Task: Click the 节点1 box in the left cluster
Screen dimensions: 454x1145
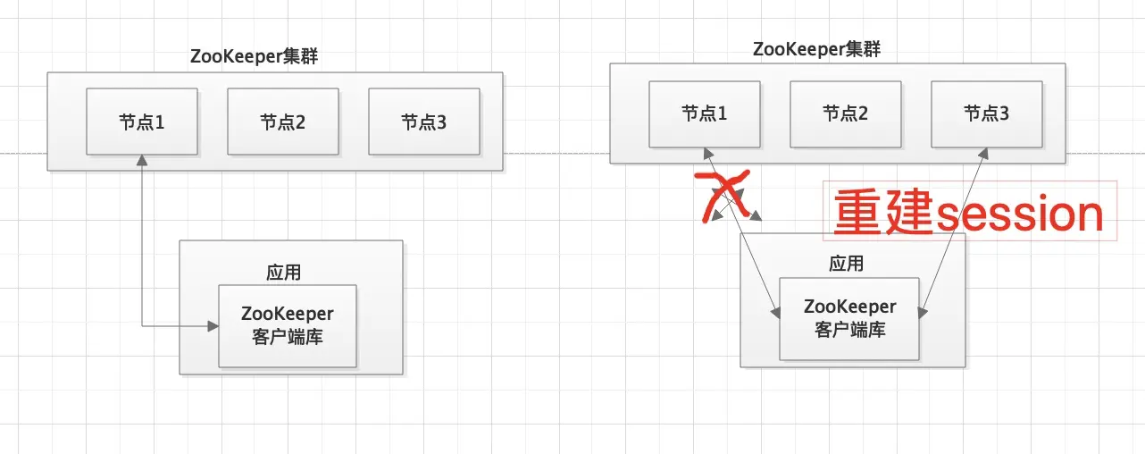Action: pos(142,122)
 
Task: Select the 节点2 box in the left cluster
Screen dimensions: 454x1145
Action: pos(283,122)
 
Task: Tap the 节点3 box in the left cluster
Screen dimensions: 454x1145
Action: pos(424,122)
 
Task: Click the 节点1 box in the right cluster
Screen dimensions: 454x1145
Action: pos(705,113)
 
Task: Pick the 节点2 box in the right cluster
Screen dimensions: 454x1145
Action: pos(846,113)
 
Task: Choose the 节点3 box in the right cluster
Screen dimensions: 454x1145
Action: pos(987,113)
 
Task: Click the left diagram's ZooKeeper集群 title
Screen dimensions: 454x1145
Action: pos(255,55)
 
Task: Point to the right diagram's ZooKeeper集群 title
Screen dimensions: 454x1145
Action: pos(816,48)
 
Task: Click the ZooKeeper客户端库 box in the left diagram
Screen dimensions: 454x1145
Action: pos(288,325)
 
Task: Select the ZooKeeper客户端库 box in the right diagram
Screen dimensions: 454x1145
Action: pos(849,318)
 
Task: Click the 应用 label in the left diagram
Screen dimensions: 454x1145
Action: pos(284,272)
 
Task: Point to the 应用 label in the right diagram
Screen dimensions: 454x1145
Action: pos(847,264)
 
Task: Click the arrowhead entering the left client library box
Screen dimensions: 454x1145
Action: pos(213,326)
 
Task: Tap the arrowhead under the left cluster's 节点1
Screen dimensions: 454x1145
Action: pos(142,160)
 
